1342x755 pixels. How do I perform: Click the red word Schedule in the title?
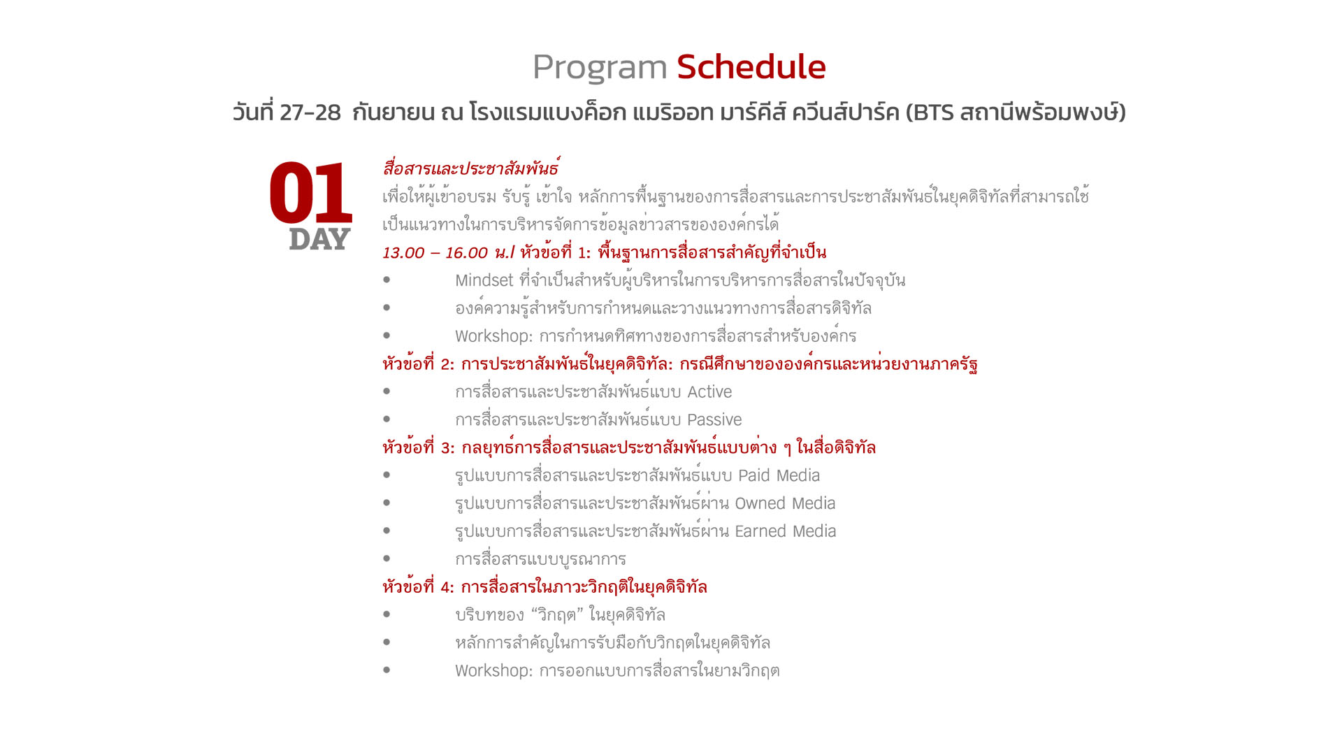[x=751, y=67]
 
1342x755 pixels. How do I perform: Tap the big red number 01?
[x=311, y=193]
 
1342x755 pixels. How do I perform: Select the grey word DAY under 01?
[x=319, y=239]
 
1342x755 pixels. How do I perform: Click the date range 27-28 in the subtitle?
[x=310, y=113]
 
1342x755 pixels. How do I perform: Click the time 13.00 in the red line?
[x=403, y=253]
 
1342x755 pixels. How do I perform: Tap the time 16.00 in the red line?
[x=466, y=253]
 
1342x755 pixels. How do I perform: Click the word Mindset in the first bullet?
[x=484, y=280]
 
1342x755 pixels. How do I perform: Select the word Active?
[x=709, y=392]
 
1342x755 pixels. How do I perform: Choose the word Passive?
[x=714, y=420]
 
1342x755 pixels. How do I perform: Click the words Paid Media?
[x=779, y=476]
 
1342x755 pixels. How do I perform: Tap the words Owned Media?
[x=785, y=504]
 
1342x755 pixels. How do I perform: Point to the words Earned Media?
[x=786, y=532]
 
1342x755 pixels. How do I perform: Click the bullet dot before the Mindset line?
[x=387, y=280]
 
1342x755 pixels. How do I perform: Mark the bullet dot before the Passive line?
[x=387, y=419]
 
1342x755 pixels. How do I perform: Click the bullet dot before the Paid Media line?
[x=387, y=475]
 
